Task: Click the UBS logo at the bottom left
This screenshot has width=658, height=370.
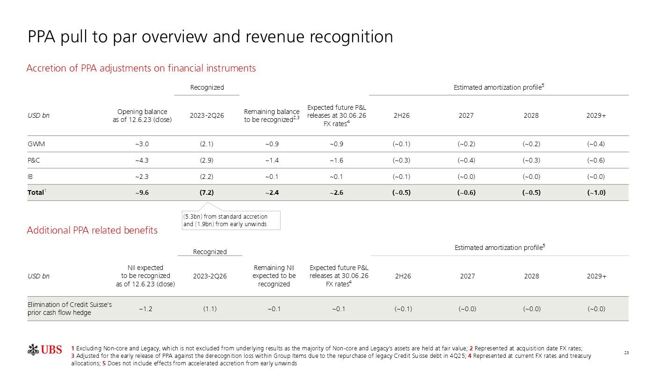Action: coord(44,350)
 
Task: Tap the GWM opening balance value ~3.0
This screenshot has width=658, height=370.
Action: coord(142,144)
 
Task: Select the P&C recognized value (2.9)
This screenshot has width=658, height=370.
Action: coord(207,160)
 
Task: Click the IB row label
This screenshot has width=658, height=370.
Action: coord(30,177)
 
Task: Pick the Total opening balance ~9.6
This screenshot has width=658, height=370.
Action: coord(142,192)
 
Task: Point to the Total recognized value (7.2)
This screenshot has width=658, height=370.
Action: coord(207,192)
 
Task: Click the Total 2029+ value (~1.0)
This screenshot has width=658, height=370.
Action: coord(596,192)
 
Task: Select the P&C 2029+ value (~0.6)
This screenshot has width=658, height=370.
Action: coord(596,160)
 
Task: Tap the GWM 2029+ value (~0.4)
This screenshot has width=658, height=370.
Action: coord(596,144)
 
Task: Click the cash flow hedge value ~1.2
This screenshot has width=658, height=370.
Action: coord(145,309)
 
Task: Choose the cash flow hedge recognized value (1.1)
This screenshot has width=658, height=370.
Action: coord(210,309)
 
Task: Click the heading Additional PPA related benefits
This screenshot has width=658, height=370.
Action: coord(92,230)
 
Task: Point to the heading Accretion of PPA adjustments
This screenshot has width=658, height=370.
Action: coord(141,68)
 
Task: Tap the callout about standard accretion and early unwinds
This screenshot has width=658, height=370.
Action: coord(231,221)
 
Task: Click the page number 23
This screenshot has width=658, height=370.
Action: coord(626,353)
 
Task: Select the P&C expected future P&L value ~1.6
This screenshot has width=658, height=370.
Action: coord(336,160)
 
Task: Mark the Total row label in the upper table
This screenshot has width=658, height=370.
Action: coord(36,192)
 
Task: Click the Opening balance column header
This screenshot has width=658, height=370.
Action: coord(142,115)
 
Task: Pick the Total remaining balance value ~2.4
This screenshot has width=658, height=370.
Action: coord(272,192)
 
